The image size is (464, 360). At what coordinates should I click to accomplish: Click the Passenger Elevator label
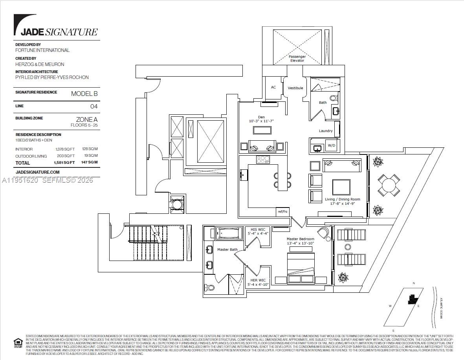(x=297, y=59)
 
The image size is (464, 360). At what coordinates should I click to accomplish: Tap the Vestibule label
(x=295, y=88)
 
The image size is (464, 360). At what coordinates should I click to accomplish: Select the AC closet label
(x=273, y=87)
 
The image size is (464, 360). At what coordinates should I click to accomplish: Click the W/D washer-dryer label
(x=332, y=145)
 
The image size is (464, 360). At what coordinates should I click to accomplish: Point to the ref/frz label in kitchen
(x=282, y=211)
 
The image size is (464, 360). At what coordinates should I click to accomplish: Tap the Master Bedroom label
(x=301, y=239)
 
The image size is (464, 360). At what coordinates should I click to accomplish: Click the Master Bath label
(x=227, y=250)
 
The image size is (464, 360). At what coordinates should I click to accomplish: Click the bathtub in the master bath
(x=229, y=233)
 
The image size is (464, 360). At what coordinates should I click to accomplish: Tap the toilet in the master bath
(x=210, y=288)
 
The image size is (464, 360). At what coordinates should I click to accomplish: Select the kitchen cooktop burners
(x=263, y=160)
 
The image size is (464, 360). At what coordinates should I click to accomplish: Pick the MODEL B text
(x=84, y=94)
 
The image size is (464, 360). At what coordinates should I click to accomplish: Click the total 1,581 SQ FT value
(x=64, y=162)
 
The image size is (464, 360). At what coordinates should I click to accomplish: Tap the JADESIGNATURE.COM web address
(x=37, y=172)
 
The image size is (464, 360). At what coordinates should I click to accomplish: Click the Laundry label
(x=326, y=131)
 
